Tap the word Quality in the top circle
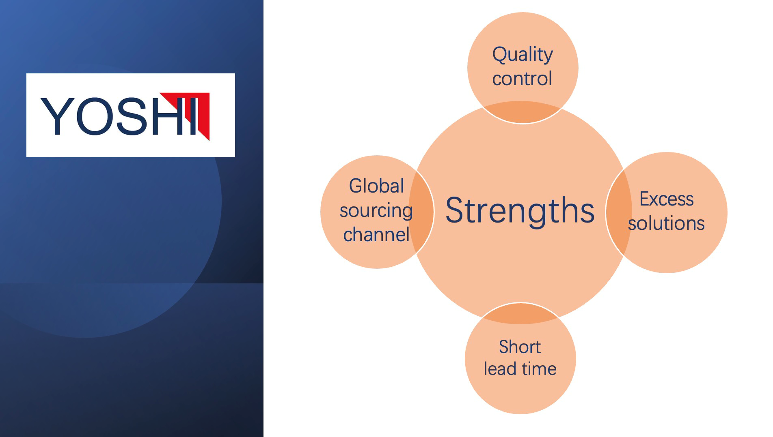[x=523, y=55]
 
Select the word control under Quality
[x=522, y=78]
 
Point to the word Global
[x=376, y=186]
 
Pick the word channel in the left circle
[x=376, y=234]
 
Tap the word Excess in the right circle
[x=667, y=199]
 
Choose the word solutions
[x=666, y=223]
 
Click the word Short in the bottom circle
[x=520, y=347]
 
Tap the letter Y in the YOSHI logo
[x=58, y=116]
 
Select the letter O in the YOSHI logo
[x=95, y=116]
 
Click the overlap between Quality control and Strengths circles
[x=522, y=112]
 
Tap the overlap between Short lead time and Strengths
[x=520, y=313]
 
